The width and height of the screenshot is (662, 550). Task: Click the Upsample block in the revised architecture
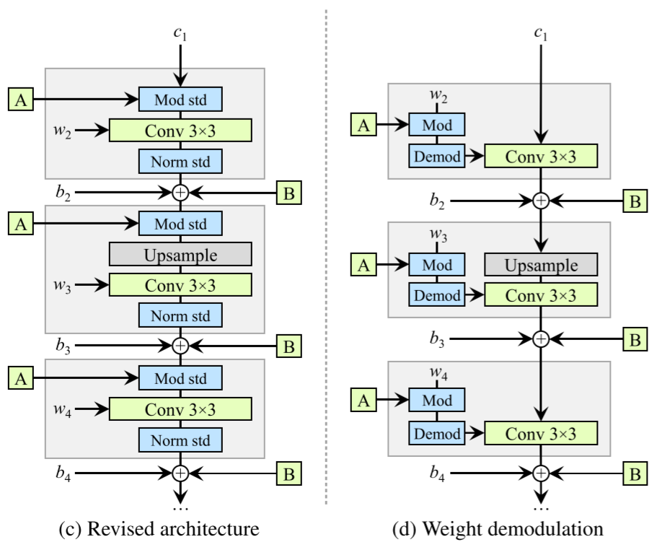click(180, 254)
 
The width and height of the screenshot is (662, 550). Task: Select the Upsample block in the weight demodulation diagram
click(541, 265)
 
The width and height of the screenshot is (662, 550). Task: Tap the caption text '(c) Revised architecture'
click(178, 529)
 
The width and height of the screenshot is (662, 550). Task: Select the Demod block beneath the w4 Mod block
click(436, 433)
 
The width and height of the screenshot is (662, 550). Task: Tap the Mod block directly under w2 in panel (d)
click(436, 126)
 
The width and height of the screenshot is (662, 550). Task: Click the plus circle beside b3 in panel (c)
click(180, 346)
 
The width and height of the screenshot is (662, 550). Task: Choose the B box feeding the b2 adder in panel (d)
click(634, 201)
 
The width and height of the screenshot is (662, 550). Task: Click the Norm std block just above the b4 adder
click(180, 440)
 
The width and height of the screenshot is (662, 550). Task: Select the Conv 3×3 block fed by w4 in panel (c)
click(180, 409)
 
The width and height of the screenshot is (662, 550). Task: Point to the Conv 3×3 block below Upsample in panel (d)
click(541, 294)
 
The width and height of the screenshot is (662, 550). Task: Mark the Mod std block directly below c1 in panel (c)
click(180, 99)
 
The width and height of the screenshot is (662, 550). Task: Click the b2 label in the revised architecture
click(63, 193)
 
